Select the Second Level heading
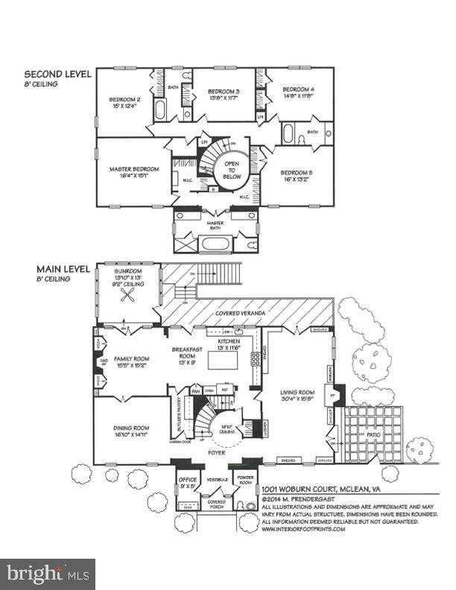(57, 74)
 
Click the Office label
(188, 479)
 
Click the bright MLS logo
(48, 574)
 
